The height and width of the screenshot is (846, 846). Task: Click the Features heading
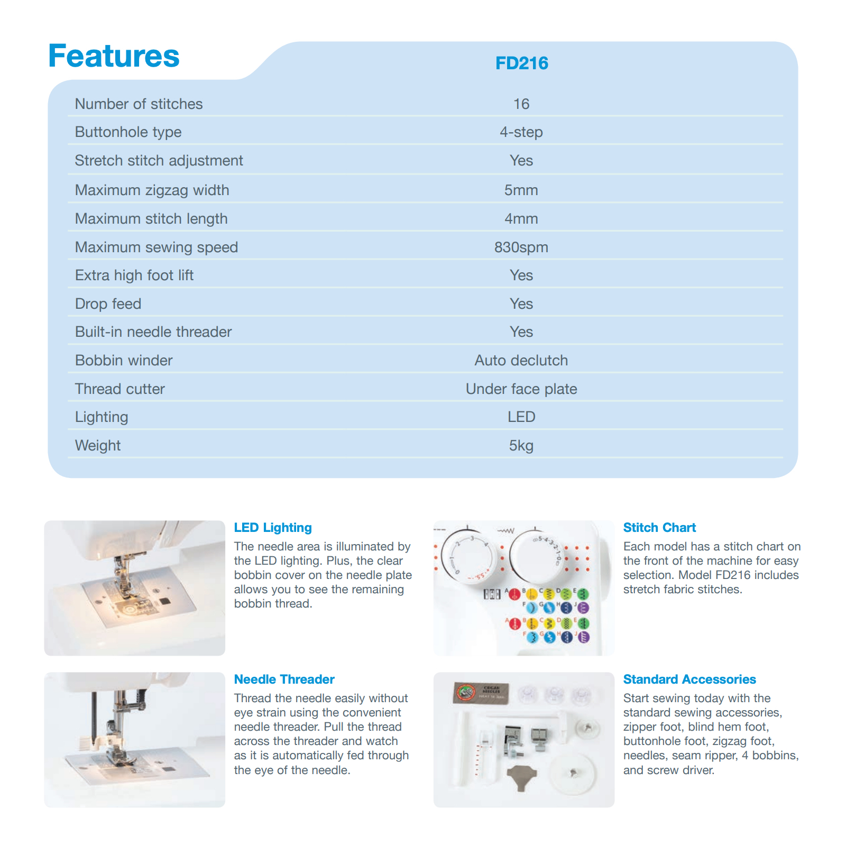(x=114, y=56)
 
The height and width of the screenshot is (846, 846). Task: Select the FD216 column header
(x=521, y=63)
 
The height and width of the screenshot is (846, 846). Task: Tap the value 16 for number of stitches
(x=521, y=104)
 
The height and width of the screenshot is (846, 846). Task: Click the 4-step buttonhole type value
(x=521, y=132)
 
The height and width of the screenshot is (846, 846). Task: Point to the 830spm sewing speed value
(x=521, y=247)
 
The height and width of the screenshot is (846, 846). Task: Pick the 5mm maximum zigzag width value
(x=521, y=190)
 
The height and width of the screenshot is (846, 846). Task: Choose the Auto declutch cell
(x=521, y=360)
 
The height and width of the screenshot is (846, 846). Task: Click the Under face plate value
(x=521, y=389)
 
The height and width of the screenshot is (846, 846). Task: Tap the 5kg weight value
(x=521, y=445)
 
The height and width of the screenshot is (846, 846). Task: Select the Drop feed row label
(x=108, y=304)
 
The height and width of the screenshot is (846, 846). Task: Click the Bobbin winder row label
(x=124, y=360)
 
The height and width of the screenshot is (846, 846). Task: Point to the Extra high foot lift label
(x=134, y=275)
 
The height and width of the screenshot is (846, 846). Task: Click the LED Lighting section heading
(x=273, y=527)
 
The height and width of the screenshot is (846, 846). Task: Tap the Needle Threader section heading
(x=284, y=679)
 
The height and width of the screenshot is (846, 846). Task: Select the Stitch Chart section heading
(x=659, y=527)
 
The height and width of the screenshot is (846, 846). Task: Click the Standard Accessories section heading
(x=689, y=679)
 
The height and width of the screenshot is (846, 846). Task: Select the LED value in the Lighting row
(x=521, y=417)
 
